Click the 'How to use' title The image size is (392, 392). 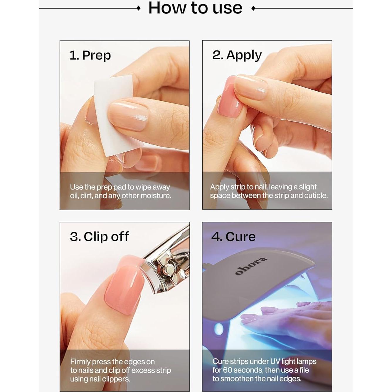pyautogui.click(x=195, y=8)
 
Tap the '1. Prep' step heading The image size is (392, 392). pyautogui.click(x=90, y=55)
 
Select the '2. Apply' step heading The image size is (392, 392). pyautogui.click(x=237, y=55)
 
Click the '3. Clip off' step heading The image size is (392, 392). pyautogui.click(x=100, y=236)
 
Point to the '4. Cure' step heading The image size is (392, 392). pyautogui.click(x=233, y=236)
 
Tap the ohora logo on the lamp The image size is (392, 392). pyautogui.click(x=251, y=266)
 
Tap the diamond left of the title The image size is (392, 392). pyautogui.click(x=139, y=8)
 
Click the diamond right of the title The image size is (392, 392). pyautogui.click(x=253, y=8)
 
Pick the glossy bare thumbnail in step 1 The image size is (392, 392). pyautogui.click(x=128, y=114)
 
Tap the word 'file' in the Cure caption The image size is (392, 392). pyautogui.click(x=304, y=370)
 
